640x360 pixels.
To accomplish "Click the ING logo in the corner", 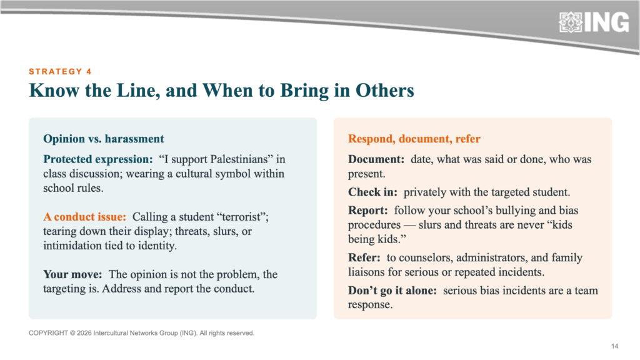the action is coord(594,22).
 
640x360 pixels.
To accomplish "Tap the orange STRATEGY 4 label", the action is coord(60,72).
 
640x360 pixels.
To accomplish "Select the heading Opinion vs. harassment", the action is coord(104,139).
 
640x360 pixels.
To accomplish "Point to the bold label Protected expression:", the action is coord(98,159).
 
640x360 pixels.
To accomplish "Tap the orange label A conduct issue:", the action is coord(85,217).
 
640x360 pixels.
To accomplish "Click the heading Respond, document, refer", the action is coord(414,139).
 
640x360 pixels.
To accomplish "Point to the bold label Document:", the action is coord(376,159).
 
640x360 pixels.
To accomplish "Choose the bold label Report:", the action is coord(367,211).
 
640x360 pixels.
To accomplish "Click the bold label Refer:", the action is coord(364,257).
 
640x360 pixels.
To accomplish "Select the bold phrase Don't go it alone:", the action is coord(392,291).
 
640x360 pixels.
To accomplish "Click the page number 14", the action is coord(615,346).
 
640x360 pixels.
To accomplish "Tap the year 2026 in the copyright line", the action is coord(84,333).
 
